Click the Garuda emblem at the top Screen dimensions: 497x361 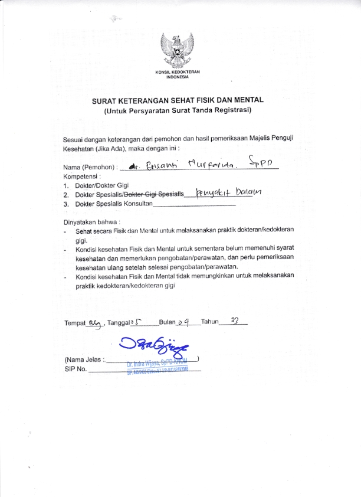pos(180,50)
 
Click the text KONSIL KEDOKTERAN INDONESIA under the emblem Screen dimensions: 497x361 pos(180,74)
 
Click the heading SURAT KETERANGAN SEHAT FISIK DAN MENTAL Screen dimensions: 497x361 pos(177,101)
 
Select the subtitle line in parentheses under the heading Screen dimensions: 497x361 pos(178,110)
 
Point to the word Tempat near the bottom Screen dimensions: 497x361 pos(74,323)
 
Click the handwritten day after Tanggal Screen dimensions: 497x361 pos(139,322)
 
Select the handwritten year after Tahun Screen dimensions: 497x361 pos(235,321)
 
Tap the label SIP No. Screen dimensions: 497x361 pos(75,369)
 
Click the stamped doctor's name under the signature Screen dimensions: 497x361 pos(156,362)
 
